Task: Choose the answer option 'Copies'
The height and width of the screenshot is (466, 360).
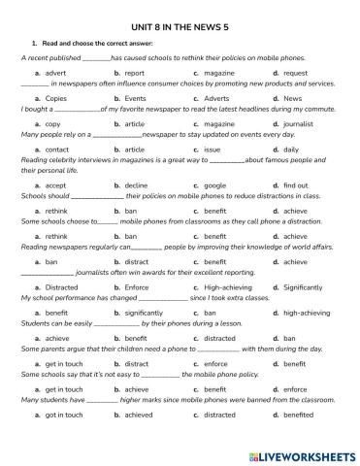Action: [x=56, y=99]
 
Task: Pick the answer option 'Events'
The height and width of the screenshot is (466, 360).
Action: [x=135, y=99]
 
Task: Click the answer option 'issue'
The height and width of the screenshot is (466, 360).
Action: [x=213, y=150]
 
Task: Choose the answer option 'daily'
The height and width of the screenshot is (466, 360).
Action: [x=292, y=150]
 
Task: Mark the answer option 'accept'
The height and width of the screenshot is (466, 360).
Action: [x=55, y=184]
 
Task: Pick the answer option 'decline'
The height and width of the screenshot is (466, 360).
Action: [x=136, y=184]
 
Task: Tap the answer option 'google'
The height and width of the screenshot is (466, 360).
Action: [x=215, y=184]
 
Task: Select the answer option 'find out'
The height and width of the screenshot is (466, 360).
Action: [x=296, y=184]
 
